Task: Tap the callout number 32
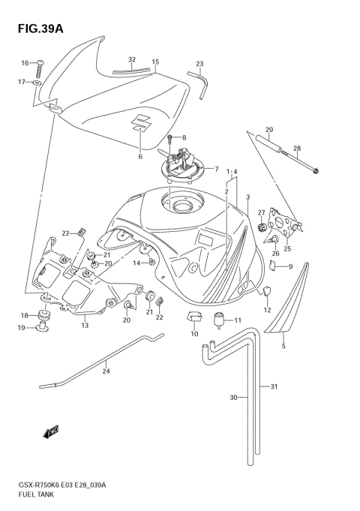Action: (132, 59)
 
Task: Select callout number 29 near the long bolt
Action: (269, 130)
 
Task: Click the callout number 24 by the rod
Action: (106, 371)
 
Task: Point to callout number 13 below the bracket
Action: (85, 325)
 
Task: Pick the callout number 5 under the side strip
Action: (283, 346)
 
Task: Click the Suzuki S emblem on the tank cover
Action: (142, 122)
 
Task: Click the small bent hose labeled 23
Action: (200, 80)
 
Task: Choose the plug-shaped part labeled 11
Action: (220, 323)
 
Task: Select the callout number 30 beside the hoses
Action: (233, 397)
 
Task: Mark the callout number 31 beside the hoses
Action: (274, 386)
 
